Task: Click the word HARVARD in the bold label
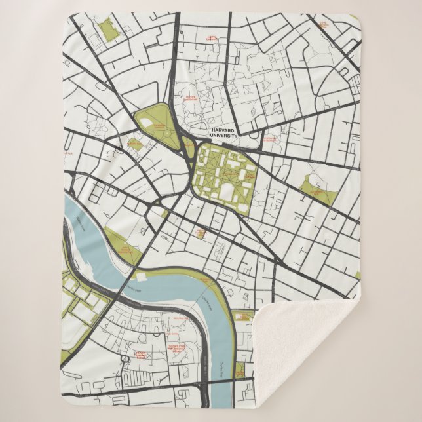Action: pyautogui.click(x=218, y=130)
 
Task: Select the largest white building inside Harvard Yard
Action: pyautogui.click(x=227, y=191)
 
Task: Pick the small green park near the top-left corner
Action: pyautogui.click(x=105, y=29)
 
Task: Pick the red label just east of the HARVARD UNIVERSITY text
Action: pyautogui.click(x=269, y=140)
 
